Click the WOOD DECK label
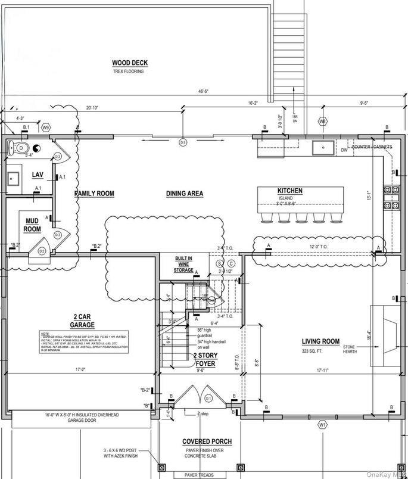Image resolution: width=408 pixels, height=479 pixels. (129, 63)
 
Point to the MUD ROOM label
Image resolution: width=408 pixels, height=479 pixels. (32, 225)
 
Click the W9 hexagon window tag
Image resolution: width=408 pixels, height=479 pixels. (45, 127)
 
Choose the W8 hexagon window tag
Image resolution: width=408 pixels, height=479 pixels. (322, 122)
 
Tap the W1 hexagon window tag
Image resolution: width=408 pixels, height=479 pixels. (322, 425)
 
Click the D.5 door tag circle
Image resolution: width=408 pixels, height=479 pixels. (183, 142)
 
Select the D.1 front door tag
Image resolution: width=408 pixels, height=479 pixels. (208, 397)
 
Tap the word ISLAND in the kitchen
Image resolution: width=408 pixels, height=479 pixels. (285, 198)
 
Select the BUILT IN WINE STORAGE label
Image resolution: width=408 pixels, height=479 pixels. (183, 265)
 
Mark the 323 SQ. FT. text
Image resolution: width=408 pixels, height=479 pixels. (320, 350)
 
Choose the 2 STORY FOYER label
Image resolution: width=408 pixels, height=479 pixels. (204, 359)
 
